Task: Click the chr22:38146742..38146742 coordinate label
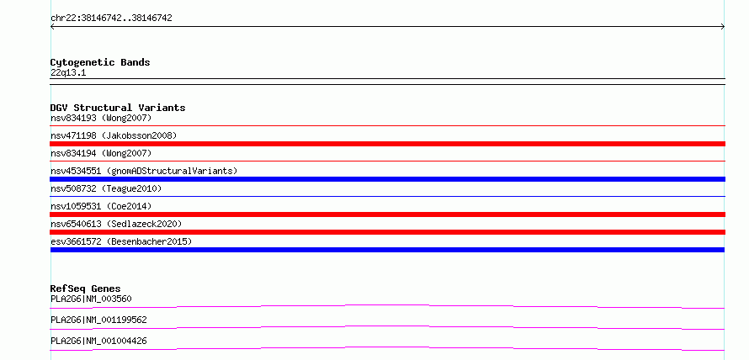111,19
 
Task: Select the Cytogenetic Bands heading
100,62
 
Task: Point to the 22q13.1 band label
68,73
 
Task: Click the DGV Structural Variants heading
118,108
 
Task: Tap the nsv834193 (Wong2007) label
101,118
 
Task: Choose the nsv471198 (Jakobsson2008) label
114,135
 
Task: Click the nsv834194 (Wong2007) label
101,153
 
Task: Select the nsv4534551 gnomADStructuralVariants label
144,171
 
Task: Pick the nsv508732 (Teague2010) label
106,188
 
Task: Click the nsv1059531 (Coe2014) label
101,206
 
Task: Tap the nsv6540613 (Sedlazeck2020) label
116,224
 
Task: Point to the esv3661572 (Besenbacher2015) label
121,241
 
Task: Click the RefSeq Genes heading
86,289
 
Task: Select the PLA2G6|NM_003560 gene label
91,299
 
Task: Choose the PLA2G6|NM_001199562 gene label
98,320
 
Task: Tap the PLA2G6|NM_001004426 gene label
98,341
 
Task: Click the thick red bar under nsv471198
387,144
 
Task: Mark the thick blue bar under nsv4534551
387,179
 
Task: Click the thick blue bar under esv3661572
387,250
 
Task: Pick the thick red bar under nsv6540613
387,232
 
